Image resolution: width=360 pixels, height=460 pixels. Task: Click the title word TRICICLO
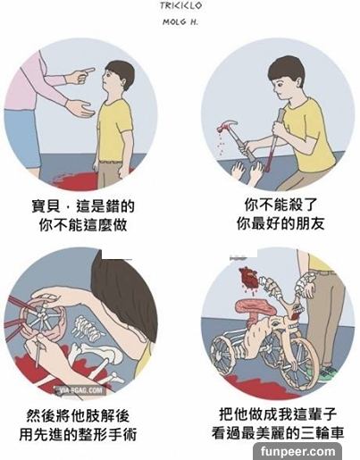click(180, 5)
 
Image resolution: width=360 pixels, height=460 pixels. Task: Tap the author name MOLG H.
click(180, 21)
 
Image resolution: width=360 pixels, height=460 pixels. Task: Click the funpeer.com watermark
click(297, 451)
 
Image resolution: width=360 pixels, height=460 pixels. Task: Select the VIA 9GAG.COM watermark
click(80, 390)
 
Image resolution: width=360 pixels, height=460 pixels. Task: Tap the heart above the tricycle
click(249, 276)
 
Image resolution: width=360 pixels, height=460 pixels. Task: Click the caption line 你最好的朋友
click(280, 223)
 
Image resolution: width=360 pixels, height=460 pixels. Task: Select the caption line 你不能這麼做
click(83, 225)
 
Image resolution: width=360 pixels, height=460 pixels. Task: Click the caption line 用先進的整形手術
click(78, 434)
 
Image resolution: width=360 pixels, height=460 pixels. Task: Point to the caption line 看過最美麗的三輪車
click(278, 432)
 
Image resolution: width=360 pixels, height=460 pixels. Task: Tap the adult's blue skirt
click(21, 138)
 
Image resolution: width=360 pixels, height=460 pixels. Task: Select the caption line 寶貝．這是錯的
click(83, 206)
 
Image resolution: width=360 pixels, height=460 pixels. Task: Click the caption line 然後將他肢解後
click(78, 416)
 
